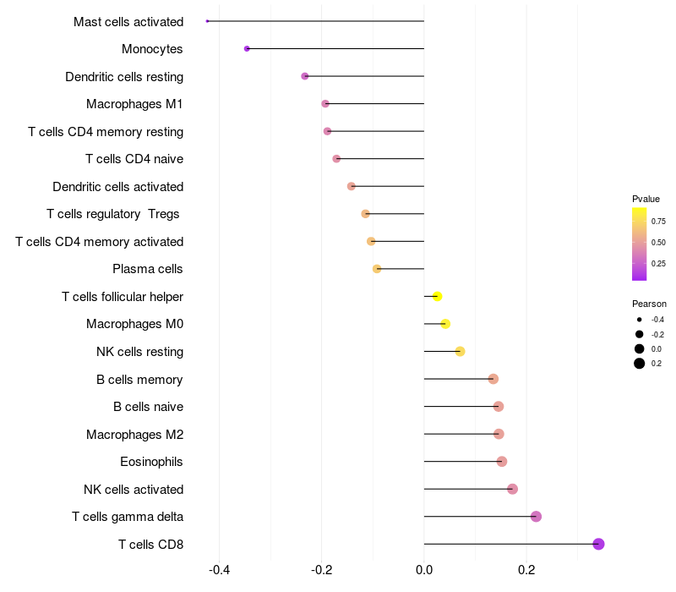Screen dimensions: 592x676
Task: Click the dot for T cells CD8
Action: pyautogui.click(x=598, y=544)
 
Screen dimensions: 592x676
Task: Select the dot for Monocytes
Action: pyautogui.click(x=247, y=48)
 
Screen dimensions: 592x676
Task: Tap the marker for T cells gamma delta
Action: pyautogui.click(x=536, y=517)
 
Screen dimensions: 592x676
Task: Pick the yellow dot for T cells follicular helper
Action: pyautogui.click(x=437, y=296)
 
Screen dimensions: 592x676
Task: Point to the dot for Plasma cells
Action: pyautogui.click(x=377, y=269)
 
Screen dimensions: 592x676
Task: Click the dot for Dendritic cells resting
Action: pyautogui.click(x=305, y=76)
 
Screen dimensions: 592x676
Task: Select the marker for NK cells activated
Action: pyautogui.click(x=512, y=489)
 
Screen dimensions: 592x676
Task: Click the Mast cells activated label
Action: pyautogui.click(x=128, y=21)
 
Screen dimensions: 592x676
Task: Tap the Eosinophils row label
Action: pyautogui.click(x=151, y=462)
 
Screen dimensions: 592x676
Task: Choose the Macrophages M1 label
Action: pyautogui.click(x=134, y=104)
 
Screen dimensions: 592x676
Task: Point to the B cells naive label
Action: pyautogui.click(x=148, y=407)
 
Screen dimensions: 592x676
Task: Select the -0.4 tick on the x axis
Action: pyautogui.click(x=219, y=569)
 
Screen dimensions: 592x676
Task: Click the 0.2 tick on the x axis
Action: pyautogui.click(x=526, y=569)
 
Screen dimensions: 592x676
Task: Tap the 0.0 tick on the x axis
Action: pyautogui.click(x=424, y=569)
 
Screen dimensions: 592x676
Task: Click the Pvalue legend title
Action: pyautogui.click(x=646, y=199)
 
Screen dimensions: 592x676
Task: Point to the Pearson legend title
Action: pyautogui.click(x=649, y=304)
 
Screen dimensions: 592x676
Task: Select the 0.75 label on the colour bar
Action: pyautogui.click(x=658, y=222)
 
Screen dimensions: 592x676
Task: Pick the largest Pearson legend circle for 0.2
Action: pyautogui.click(x=640, y=364)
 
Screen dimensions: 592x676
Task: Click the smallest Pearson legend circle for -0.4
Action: pyautogui.click(x=640, y=320)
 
